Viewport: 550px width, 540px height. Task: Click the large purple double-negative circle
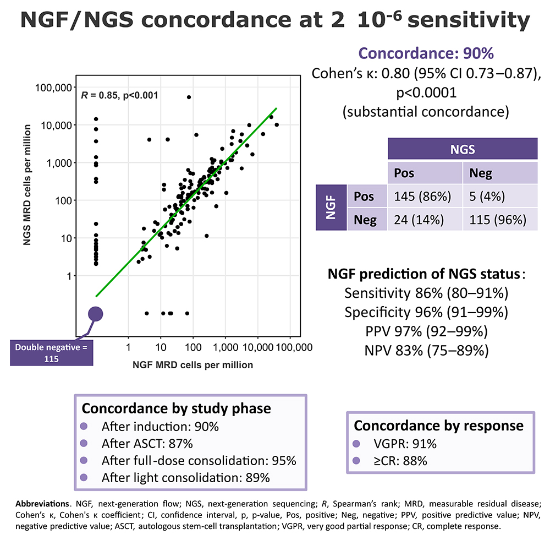[96, 314]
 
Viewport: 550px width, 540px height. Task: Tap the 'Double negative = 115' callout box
[52, 353]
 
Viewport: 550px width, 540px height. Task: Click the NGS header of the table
[462, 149]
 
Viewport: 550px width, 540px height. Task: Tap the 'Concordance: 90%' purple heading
[426, 53]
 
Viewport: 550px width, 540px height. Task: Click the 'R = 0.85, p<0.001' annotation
[119, 95]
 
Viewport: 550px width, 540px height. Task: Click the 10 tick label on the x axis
[160, 348]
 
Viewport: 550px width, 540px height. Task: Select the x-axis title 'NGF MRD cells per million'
[193, 364]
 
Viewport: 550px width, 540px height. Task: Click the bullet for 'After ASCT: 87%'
[84, 444]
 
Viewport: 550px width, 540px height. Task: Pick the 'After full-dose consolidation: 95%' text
[199, 460]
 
